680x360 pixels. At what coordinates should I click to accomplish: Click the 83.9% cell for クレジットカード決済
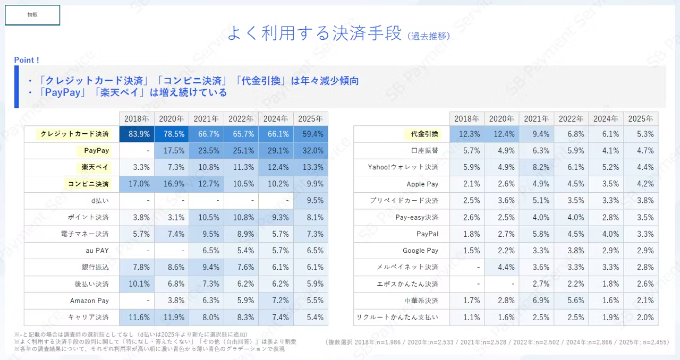click(137, 134)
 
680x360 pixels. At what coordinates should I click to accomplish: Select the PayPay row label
click(96, 151)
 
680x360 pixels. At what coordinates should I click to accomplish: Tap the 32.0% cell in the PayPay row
click(310, 151)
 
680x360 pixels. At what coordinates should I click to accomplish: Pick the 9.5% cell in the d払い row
click(310, 201)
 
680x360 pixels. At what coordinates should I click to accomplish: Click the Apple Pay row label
click(422, 184)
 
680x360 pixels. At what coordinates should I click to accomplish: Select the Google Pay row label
click(420, 251)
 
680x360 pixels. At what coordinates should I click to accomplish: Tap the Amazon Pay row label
click(89, 301)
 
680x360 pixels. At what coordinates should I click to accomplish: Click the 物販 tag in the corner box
click(32, 15)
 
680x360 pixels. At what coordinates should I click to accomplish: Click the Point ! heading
click(27, 60)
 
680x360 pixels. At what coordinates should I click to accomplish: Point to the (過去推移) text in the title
click(429, 36)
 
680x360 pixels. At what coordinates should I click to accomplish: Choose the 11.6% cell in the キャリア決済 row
click(137, 318)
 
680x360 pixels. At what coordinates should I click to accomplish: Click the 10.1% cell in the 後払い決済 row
click(137, 284)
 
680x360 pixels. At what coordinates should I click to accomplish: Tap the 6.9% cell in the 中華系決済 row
click(537, 301)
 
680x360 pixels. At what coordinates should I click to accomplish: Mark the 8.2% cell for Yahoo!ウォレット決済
click(537, 167)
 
